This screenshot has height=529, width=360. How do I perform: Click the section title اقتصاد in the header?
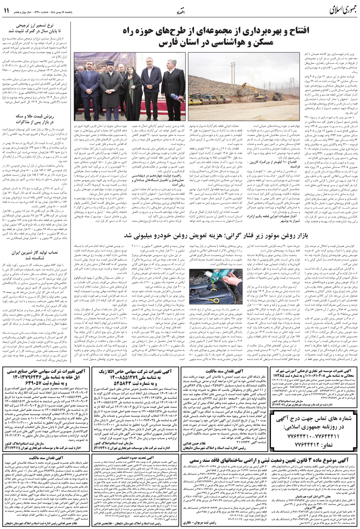pos(180,11)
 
